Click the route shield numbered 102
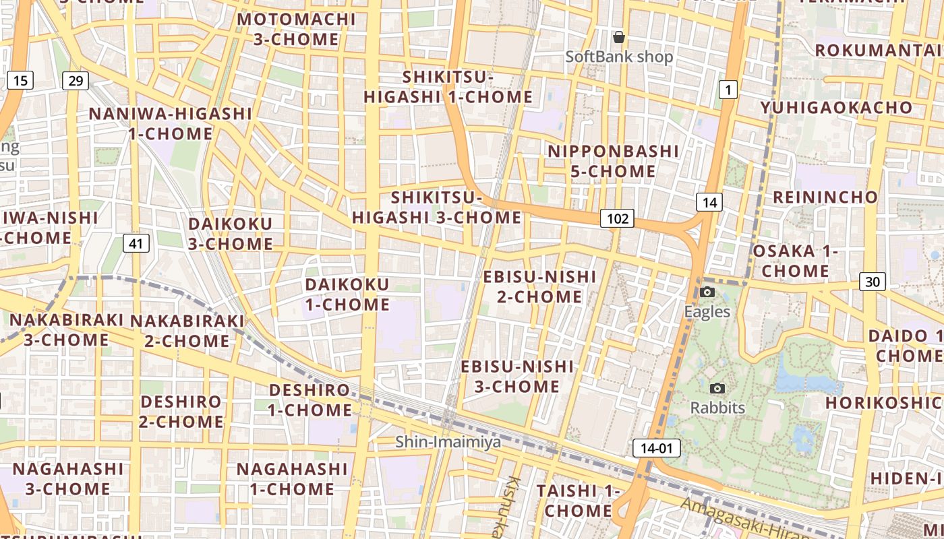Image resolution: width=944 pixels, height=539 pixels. pyautogui.click(x=617, y=218)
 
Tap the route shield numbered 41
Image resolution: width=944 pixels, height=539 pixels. pyautogui.click(x=136, y=243)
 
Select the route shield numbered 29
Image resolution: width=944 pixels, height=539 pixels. pyautogui.click(x=76, y=81)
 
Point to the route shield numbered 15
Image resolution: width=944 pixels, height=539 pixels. pyautogui.click(x=20, y=81)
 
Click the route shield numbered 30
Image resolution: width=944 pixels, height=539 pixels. pyautogui.click(x=872, y=282)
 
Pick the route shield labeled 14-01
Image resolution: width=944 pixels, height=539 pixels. pyautogui.click(x=656, y=447)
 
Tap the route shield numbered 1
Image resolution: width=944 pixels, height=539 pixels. pyautogui.click(x=728, y=89)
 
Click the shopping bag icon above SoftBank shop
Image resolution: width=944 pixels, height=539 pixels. pyautogui.click(x=618, y=37)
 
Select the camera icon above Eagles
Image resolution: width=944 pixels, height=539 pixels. pyautogui.click(x=707, y=292)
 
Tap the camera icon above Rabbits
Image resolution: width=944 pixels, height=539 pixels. pyautogui.click(x=717, y=388)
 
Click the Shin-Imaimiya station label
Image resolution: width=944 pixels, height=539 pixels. pyautogui.click(x=448, y=442)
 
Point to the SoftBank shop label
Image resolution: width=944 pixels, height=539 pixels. pyautogui.click(x=619, y=57)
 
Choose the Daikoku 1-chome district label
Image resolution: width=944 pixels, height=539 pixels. pyautogui.click(x=347, y=294)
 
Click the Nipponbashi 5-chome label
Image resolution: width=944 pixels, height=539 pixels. pyautogui.click(x=613, y=161)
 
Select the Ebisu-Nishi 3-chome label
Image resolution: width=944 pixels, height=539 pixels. pyautogui.click(x=517, y=377)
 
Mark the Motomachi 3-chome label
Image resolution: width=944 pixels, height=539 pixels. pyautogui.click(x=296, y=29)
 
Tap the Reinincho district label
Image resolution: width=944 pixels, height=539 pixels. pyautogui.click(x=825, y=197)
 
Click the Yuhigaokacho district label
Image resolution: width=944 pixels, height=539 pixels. pyautogui.click(x=836, y=108)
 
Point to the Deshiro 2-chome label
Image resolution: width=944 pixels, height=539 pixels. pyautogui.click(x=181, y=412)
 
